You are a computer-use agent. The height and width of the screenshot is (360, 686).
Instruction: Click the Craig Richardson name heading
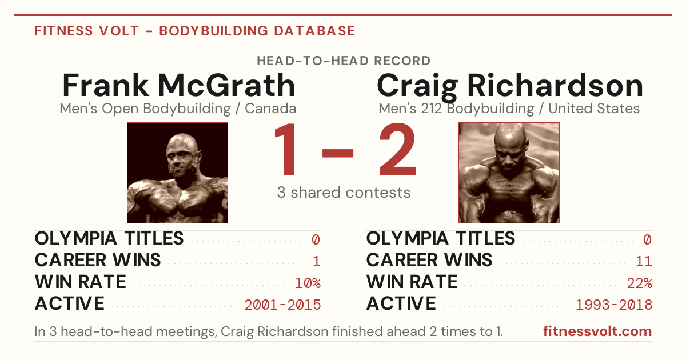pyautogui.click(x=509, y=87)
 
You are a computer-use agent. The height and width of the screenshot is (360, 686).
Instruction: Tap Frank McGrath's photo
pyautogui.click(x=178, y=173)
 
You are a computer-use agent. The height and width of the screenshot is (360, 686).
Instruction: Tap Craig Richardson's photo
pyautogui.click(x=509, y=173)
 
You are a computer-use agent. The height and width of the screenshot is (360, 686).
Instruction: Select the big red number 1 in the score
pyautogui.click(x=286, y=149)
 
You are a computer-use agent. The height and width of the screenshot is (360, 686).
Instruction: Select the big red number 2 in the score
pyautogui.click(x=397, y=149)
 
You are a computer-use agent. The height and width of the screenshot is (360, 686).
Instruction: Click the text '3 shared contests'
pyautogui.click(x=344, y=193)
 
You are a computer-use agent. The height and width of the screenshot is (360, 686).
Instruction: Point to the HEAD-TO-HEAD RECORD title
pyautogui.click(x=344, y=61)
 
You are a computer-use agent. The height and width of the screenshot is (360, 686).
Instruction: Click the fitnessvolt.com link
pyautogui.click(x=597, y=331)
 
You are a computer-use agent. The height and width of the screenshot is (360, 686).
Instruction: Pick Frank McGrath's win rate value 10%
pyautogui.click(x=308, y=283)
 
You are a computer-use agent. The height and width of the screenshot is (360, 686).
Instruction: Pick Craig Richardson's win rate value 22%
pyautogui.click(x=640, y=283)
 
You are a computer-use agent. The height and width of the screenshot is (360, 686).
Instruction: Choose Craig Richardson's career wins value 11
pyautogui.click(x=644, y=262)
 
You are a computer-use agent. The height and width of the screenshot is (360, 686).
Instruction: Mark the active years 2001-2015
pyautogui.click(x=282, y=305)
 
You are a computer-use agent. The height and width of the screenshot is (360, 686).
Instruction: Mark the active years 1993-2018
pyautogui.click(x=614, y=305)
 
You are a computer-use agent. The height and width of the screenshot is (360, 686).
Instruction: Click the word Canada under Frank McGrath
pyautogui.click(x=270, y=109)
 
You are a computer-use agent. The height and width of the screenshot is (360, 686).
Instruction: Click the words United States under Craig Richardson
pyautogui.click(x=594, y=109)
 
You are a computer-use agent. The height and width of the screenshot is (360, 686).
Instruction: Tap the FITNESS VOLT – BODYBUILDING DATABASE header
pyautogui.click(x=195, y=31)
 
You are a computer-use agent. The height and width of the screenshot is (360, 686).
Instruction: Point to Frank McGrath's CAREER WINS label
pyautogui.click(x=98, y=260)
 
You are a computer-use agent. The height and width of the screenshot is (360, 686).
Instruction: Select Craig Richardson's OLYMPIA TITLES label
pyautogui.click(x=441, y=238)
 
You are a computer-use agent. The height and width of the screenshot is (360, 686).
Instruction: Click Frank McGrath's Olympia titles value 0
pyautogui.click(x=316, y=239)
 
